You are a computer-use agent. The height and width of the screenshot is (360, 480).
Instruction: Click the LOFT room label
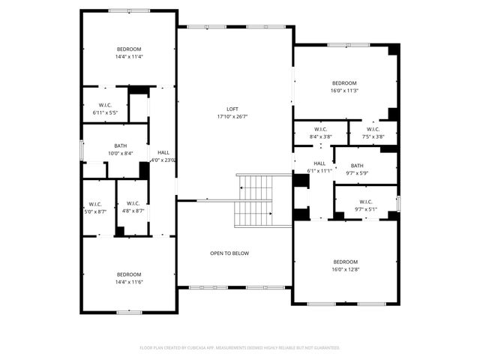pyautogui.click(x=232, y=109)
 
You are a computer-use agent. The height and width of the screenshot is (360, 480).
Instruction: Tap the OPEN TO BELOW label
pyautogui.click(x=229, y=253)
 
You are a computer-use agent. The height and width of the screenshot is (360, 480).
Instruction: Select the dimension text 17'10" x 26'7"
pyautogui.click(x=232, y=116)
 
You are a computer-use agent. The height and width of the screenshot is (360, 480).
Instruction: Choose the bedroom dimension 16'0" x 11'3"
pyautogui.click(x=344, y=91)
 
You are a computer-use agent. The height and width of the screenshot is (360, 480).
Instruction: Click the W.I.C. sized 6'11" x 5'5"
pyautogui.click(x=105, y=109)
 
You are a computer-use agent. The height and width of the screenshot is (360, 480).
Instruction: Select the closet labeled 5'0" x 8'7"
pyautogui.click(x=95, y=208)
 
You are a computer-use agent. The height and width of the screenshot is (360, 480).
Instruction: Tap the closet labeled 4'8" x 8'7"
pyautogui.click(x=133, y=208)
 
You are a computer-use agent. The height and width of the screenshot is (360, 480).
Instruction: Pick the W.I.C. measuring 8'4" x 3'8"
pyautogui.click(x=320, y=132)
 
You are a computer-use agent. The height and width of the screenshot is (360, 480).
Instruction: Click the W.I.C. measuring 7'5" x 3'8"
pyautogui.click(x=373, y=132)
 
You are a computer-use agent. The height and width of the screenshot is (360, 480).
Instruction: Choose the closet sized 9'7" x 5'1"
pyautogui.click(x=365, y=205)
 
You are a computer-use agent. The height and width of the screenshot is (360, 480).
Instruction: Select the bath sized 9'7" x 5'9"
pyautogui.click(x=356, y=169)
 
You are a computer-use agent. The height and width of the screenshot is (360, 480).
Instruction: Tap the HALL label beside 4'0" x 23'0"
pyautogui.click(x=163, y=152)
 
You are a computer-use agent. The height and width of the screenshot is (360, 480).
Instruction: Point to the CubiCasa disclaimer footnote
pyautogui.click(x=240, y=348)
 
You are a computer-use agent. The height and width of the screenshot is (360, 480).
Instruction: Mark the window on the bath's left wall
pyautogui.click(x=82, y=149)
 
